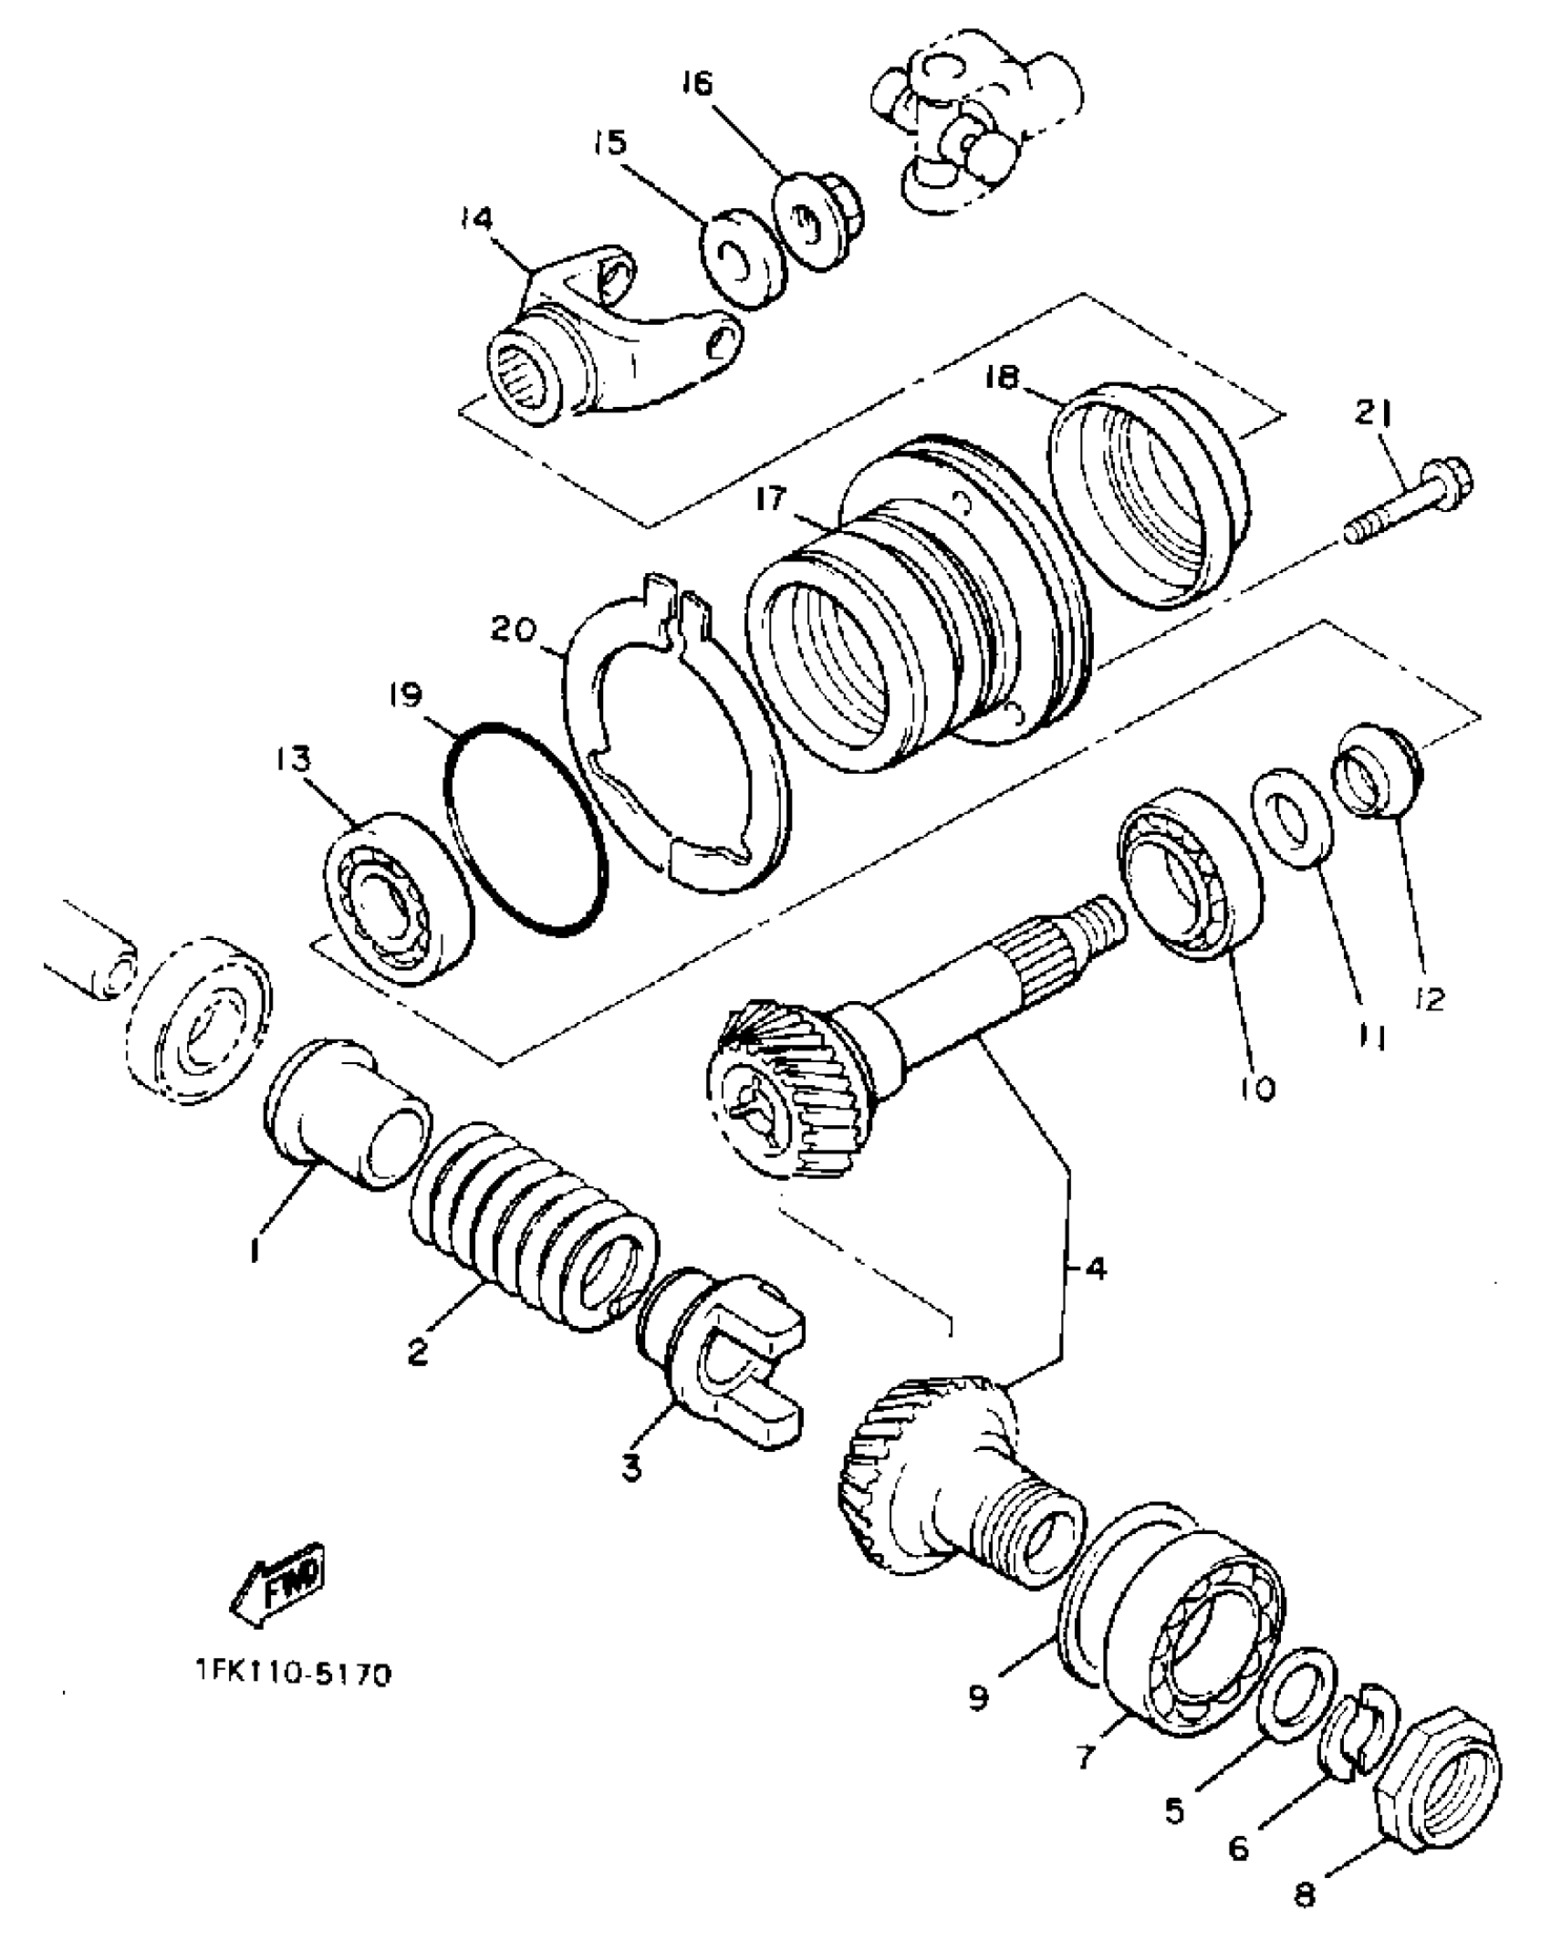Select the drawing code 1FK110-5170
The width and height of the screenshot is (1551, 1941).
pyautogui.click(x=292, y=1675)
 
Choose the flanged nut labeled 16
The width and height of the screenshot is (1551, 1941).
pyautogui.click(x=817, y=224)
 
